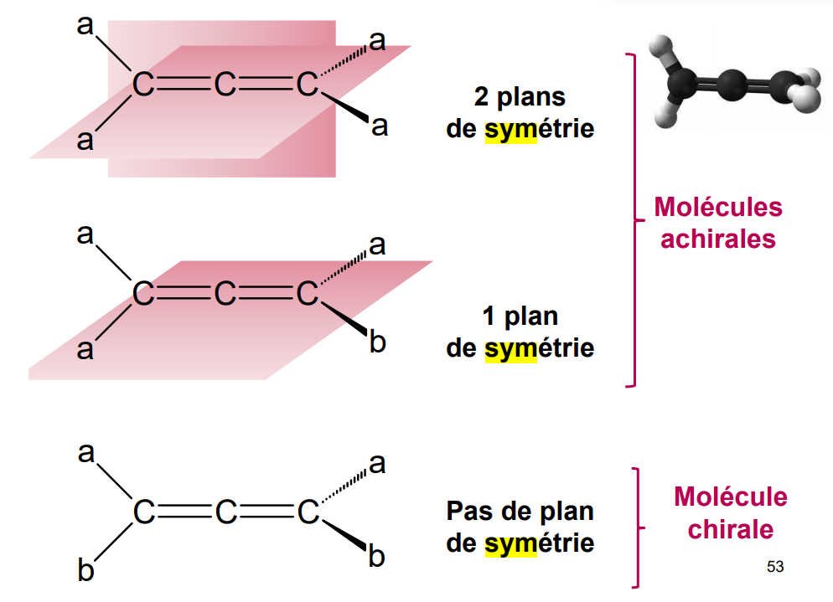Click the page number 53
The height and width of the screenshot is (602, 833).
775,568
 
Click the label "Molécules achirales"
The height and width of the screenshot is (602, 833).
717,223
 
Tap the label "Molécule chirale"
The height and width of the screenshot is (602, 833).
729,513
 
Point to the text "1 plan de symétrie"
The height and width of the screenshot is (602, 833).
520,332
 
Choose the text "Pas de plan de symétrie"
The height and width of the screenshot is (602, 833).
520,527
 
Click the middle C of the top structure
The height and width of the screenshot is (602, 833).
225,85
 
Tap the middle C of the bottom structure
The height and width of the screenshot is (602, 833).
225,512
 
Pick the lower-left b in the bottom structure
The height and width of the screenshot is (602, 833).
85,571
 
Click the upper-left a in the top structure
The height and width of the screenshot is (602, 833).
85,26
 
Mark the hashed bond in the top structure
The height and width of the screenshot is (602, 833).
344,60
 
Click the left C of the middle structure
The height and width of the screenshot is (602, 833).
144,294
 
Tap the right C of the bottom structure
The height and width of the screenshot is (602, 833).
308,512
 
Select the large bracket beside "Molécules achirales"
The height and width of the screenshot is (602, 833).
632,220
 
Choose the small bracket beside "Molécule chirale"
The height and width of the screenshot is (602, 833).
637,527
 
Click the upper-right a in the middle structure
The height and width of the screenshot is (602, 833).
378,245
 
